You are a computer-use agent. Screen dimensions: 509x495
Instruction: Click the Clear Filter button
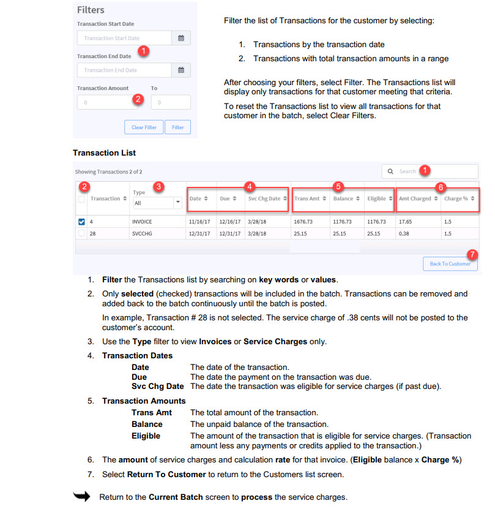144,127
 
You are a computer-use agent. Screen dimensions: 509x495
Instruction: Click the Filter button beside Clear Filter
177,127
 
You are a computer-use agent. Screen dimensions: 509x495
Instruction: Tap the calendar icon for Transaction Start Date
181,38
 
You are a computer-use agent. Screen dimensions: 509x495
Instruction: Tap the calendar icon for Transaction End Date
181,70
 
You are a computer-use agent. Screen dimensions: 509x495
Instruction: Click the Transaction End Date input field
124,70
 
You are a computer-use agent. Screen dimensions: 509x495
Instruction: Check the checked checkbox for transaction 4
82,222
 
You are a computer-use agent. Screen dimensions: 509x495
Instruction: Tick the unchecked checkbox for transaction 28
82,233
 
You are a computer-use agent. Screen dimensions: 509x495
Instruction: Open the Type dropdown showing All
157,202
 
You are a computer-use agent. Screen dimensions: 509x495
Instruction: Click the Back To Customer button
450,263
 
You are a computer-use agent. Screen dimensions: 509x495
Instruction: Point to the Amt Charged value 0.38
404,233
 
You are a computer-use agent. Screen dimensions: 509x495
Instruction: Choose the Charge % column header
458,198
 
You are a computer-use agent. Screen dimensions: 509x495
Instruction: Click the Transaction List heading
104,153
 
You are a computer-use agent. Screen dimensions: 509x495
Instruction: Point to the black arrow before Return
81,496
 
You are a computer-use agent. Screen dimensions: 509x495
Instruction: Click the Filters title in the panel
91,10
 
